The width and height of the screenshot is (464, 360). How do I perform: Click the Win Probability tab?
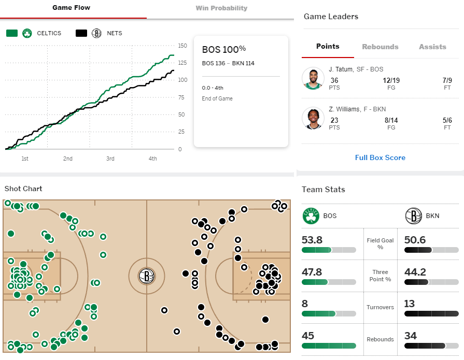[221, 8]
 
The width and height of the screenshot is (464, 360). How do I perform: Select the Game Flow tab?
[72, 8]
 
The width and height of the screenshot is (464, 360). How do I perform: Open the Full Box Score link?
[380, 157]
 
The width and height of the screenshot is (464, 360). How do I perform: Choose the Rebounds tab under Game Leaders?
[380, 47]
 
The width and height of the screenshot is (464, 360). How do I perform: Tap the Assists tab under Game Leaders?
[432, 47]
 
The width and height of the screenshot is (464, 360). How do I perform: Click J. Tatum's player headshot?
[313, 78]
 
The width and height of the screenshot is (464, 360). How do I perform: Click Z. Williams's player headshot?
[313, 118]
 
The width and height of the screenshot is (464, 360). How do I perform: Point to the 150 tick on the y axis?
[182, 46]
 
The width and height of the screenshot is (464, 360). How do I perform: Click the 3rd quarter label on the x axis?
[110, 159]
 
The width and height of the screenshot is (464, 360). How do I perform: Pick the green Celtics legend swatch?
[12, 33]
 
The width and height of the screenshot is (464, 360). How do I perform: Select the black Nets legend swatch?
[81, 33]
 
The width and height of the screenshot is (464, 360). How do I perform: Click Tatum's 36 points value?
[334, 80]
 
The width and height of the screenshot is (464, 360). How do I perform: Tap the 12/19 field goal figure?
[391, 80]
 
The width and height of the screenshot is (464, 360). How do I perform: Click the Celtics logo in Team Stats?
[311, 216]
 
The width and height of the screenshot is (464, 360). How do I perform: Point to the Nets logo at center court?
[147, 276]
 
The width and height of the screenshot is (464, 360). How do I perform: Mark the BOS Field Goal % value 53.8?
[312, 240]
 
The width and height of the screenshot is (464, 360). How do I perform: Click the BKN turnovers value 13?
[409, 304]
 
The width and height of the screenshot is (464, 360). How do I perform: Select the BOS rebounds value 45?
[308, 336]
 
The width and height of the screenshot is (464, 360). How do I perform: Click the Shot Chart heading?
[23, 189]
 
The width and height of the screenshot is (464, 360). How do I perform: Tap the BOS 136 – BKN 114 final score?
[228, 63]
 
